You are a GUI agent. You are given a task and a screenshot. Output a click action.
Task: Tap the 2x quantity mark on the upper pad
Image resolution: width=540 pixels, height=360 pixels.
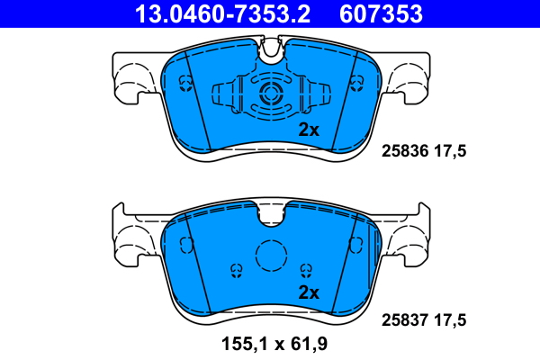(309, 130)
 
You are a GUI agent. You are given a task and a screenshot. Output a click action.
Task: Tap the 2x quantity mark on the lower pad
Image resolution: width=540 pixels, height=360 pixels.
(309, 292)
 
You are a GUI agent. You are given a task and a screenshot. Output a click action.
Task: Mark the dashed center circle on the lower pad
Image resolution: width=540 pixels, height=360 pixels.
(271, 257)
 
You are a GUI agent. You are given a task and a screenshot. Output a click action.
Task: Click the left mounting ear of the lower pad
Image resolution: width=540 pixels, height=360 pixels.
(135, 238)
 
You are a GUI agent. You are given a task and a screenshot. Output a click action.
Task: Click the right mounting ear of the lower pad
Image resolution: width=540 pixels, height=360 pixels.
(407, 238)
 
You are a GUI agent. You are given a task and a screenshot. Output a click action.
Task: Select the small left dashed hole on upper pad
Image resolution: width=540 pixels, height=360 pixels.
(186, 84)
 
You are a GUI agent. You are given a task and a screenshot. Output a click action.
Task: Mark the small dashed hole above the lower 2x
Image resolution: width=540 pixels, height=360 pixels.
(307, 269)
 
